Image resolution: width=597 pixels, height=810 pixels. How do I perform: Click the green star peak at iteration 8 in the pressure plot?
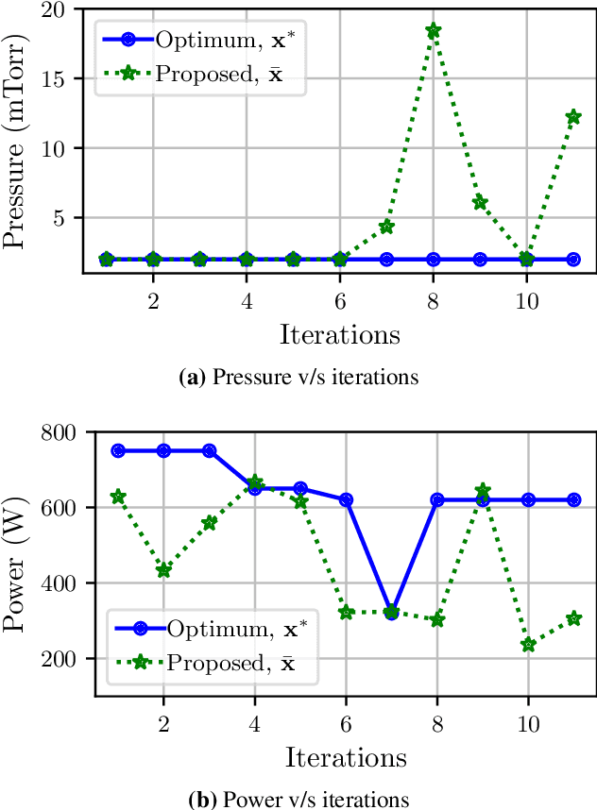tap(433, 30)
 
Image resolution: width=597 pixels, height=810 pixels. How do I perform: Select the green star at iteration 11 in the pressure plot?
tap(573, 117)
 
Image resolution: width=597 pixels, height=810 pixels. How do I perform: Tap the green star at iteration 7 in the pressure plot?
tap(386, 227)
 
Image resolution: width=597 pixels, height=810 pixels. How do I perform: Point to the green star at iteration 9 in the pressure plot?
tap(480, 202)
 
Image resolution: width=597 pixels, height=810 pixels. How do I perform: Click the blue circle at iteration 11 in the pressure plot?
tap(573, 259)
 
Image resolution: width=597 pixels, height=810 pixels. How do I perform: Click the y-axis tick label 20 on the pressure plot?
tap(69, 9)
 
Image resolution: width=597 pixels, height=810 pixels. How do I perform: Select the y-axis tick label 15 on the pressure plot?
tap(69, 79)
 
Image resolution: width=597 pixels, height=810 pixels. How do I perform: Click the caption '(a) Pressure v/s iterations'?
tap(298, 379)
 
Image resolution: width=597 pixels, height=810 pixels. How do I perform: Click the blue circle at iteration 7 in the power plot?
tap(390, 613)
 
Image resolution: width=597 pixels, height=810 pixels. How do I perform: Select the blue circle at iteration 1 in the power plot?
tap(118, 450)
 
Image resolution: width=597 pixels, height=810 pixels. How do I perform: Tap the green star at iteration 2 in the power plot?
tap(163, 570)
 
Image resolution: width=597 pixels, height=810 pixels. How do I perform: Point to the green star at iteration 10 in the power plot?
tap(528, 645)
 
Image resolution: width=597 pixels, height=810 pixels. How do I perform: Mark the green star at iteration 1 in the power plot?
tap(118, 497)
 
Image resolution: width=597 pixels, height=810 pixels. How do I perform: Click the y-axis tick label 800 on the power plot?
tap(62, 432)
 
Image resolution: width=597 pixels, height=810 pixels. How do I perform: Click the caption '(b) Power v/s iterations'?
tap(298, 800)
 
